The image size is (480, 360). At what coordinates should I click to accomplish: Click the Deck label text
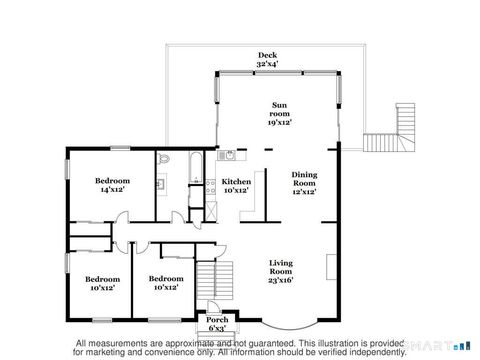(267, 55)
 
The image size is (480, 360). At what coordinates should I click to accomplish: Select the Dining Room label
(304, 180)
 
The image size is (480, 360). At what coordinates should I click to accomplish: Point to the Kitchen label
(236, 182)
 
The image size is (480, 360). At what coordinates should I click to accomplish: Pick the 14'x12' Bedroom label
(110, 181)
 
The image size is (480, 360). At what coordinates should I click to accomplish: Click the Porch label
(217, 319)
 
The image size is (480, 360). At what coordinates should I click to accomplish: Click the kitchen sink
(229, 154)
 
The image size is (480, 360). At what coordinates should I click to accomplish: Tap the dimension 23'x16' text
(281, 281)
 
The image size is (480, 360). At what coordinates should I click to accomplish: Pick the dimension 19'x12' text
(280, 122)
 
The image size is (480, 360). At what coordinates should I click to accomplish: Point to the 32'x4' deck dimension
(267, 64)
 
